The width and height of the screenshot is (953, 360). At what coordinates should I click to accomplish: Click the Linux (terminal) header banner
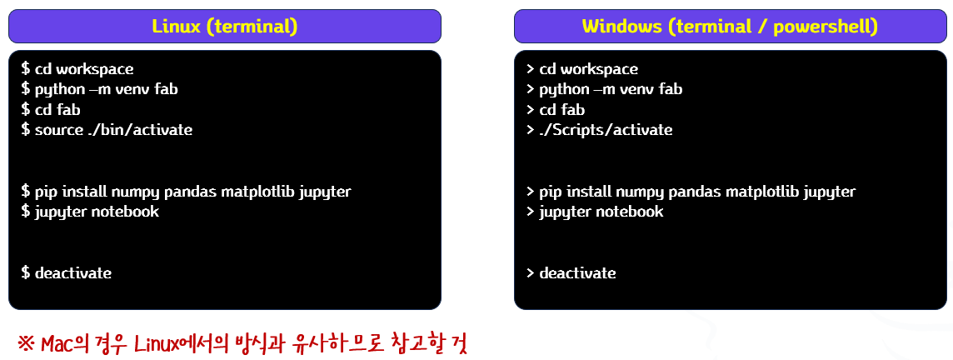tap(224, 26)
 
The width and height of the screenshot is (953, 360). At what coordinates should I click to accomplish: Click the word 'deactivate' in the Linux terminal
tap(72, 272)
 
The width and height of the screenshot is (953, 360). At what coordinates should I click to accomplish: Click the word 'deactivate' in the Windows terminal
tap(577, 272)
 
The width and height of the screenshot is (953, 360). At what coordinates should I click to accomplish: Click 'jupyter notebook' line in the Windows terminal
tap(601, 212)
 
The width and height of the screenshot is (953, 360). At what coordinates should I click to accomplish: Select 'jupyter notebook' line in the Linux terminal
tap(96, 212)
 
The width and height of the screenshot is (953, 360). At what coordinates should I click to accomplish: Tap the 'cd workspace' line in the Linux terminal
tap(83, 69)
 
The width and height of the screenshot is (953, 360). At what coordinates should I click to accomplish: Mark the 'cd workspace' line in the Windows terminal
tap(588, 69)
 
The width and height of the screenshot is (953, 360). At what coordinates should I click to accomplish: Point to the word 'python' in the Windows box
tap(563, 89)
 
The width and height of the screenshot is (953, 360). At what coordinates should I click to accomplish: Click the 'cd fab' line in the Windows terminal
tap(562, 110)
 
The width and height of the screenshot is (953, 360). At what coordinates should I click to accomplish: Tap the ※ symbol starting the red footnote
tap(26, 343)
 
